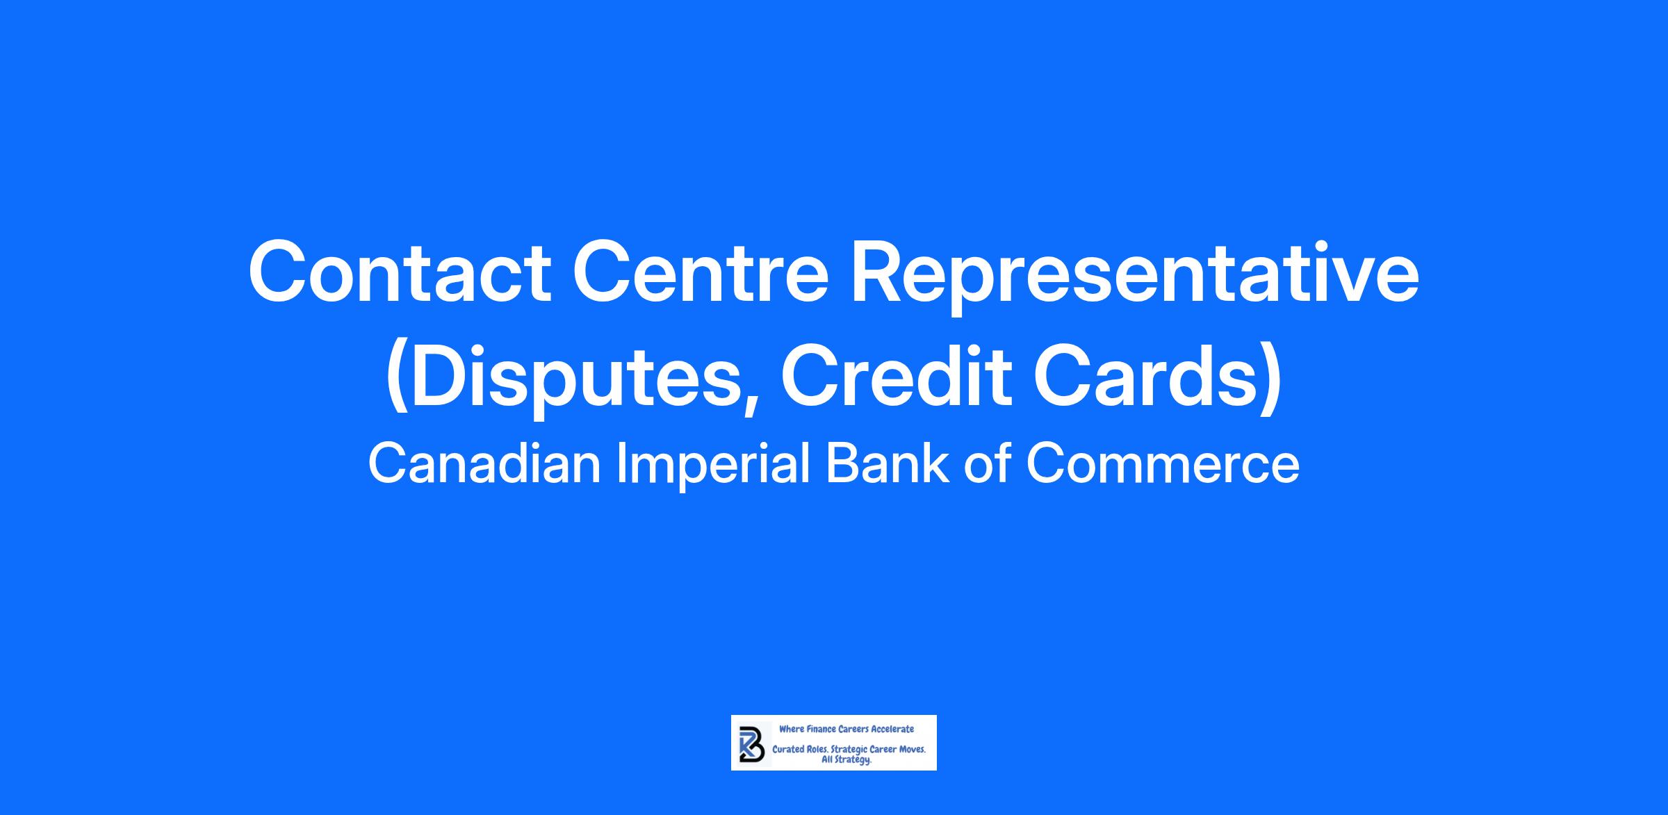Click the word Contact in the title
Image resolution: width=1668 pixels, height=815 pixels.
pos(400,272)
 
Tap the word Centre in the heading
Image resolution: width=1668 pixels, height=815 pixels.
pos(701,272)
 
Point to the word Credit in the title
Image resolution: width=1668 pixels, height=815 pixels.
pos(896,374)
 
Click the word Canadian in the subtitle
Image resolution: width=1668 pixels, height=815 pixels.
pos(484,464)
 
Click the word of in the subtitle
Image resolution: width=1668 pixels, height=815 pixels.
pos(987,464)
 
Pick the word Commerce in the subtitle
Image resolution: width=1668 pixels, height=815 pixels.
pos(1163,465)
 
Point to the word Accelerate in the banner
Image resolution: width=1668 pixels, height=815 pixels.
pos(892,729)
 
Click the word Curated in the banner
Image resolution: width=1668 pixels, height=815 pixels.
pos(787,750)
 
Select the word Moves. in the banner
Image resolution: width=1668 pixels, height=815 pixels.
pos(913,750)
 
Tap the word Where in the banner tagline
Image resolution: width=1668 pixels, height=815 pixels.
pos(791,729)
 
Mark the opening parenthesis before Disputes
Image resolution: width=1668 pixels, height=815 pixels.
pos(396,381)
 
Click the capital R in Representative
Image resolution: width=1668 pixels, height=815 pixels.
pos(877,272)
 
